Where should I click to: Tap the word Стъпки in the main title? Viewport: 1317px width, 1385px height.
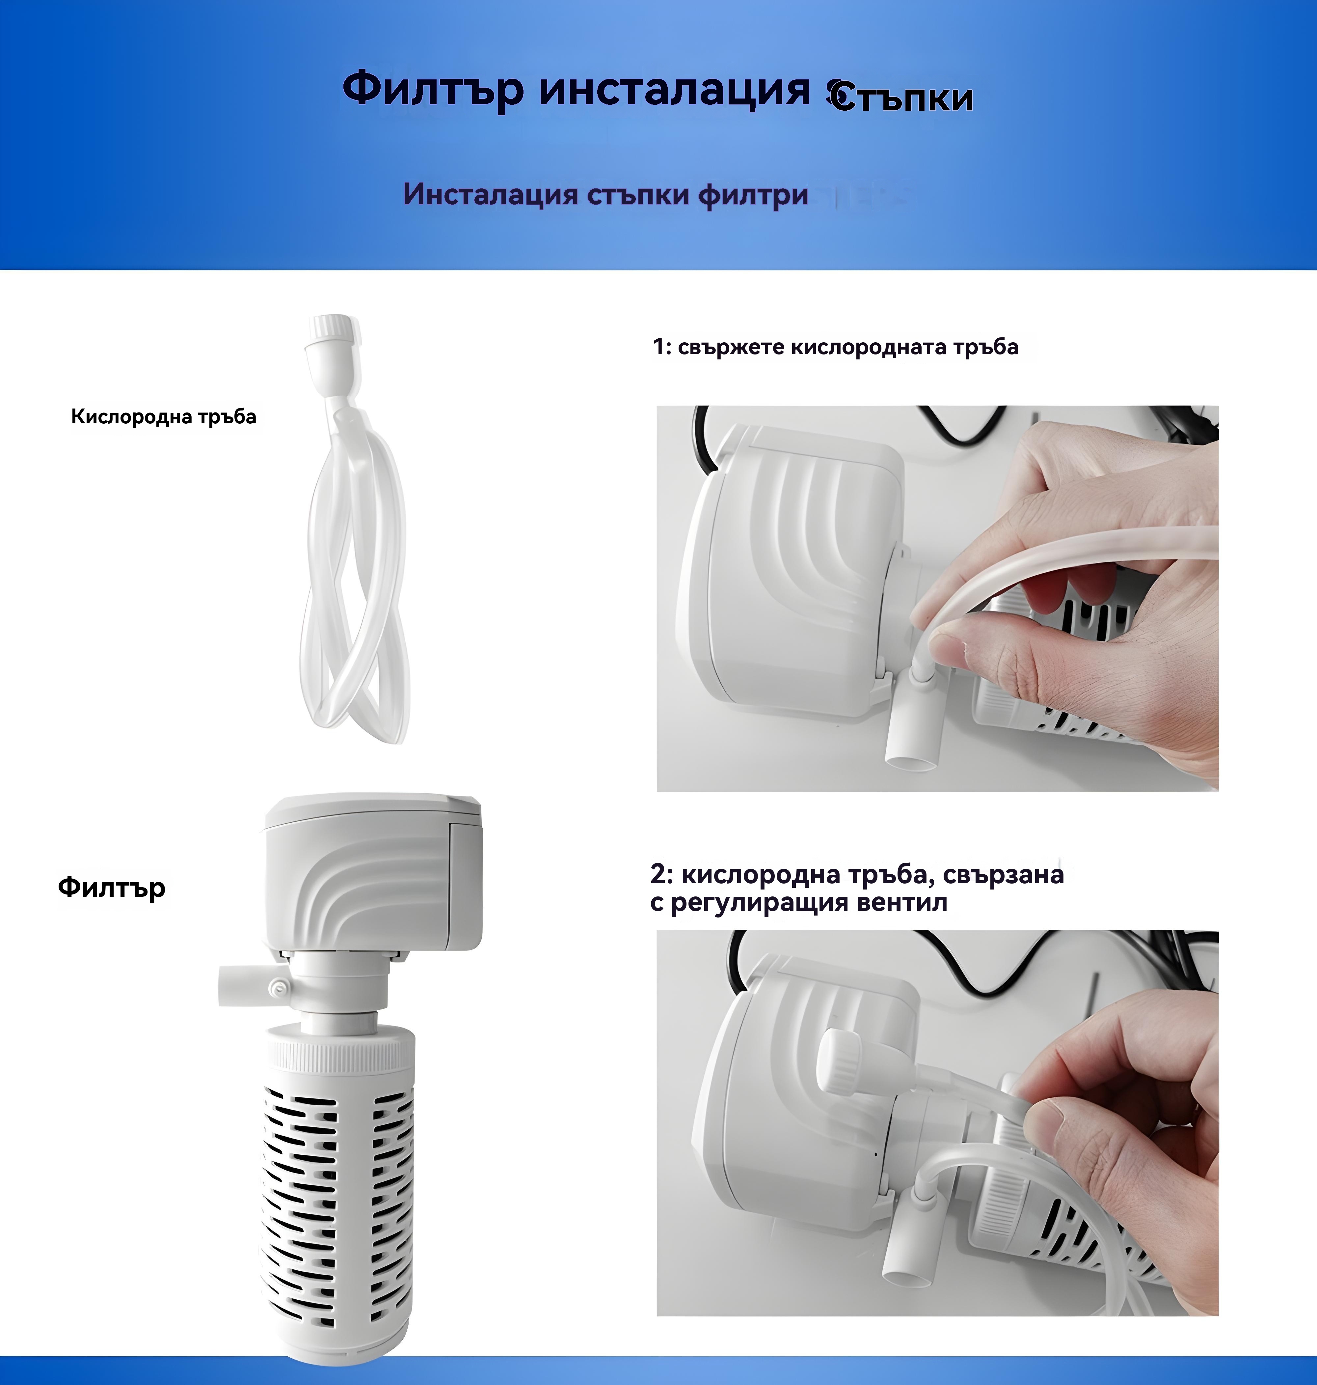(901, 98)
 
